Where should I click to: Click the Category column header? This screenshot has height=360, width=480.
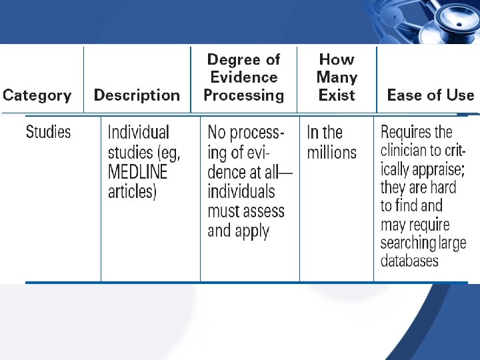click(37, 95)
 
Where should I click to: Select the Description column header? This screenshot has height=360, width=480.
click(137, 95)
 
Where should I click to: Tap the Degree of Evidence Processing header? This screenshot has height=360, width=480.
click(243, 77)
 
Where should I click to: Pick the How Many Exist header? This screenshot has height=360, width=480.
click(337, 77)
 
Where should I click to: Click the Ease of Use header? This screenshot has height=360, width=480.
click(430, 95)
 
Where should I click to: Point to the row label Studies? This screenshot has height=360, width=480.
click(48, 132)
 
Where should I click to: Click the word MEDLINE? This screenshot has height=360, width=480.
click(139, 173)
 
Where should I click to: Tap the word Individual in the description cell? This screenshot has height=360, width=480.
click(139, 133)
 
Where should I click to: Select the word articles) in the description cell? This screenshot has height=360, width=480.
click(132, 193)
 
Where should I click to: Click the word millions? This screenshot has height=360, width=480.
click(331, 153)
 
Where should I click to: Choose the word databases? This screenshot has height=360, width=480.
click(409, 259)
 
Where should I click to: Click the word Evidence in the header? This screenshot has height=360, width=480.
click(243, 77)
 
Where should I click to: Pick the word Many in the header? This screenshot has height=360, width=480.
click(337, 77)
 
